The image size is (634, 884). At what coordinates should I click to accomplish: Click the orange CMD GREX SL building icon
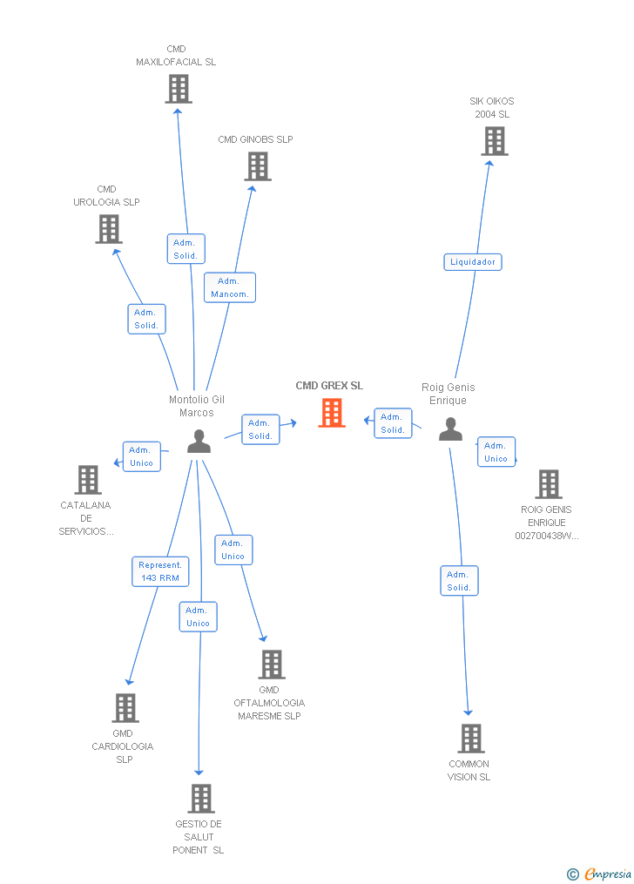[332, 413]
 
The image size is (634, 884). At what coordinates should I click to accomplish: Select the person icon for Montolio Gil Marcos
[199, 442]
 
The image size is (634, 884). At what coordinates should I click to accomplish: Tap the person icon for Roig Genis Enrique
[451, 429]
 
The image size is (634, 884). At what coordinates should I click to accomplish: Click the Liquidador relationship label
[473, 262]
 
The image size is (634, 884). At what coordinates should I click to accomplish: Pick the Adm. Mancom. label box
[230, 287]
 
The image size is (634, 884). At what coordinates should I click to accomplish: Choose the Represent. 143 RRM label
[160, 571]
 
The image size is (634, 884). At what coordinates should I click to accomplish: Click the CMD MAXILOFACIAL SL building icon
[179, 89]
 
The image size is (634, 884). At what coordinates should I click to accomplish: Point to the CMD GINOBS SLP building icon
[258, 166]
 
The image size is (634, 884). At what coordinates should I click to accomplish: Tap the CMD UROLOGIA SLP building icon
[109, 229]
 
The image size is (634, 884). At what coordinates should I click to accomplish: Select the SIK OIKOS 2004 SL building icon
[495, 141]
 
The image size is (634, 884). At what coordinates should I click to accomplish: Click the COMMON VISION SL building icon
[471, 739]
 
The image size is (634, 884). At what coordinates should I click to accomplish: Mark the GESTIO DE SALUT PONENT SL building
[201, 799]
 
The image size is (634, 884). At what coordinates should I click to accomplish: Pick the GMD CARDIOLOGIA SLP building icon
[125, 708]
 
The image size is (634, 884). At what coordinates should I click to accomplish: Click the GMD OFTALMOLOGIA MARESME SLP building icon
[272, 665]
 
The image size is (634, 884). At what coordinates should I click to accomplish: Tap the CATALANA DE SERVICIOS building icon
[88, 480]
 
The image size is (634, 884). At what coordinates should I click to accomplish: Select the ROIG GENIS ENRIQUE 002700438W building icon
[549, 484]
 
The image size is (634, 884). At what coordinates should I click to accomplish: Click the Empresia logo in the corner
[600, 874]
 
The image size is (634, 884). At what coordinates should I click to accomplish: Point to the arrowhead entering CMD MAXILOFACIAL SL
[178, 111]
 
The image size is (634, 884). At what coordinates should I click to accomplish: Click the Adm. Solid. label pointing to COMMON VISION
[459, 581]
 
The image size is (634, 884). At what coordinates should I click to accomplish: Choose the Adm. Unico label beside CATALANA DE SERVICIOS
[142, 456]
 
